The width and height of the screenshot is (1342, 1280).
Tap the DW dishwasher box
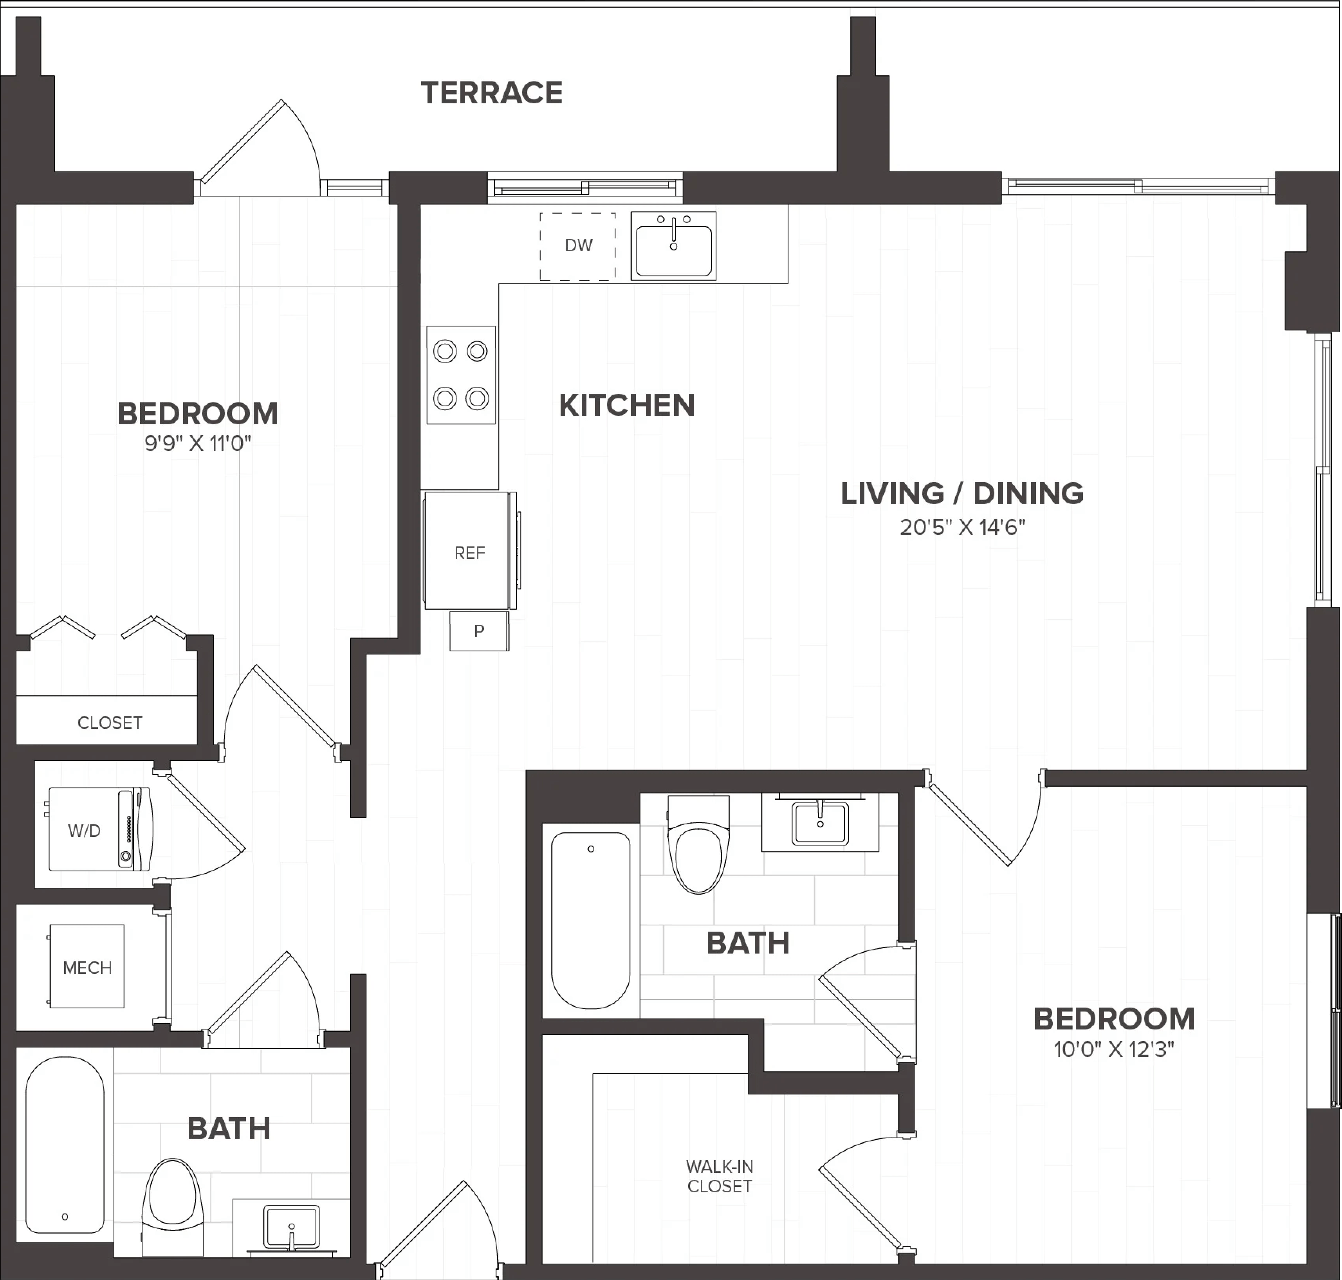578,246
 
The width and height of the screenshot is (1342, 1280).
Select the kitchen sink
673,246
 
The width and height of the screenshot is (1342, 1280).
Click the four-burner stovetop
461,375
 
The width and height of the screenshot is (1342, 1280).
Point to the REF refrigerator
469,551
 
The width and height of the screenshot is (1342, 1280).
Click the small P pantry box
479,631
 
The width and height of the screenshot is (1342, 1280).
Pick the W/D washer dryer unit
99,829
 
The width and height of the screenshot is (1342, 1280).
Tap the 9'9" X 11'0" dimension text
198,444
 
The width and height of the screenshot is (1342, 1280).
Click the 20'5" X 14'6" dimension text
962,527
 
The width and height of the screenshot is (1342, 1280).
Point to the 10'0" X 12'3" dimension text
1113,1049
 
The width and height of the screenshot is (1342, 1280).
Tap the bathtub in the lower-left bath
65,1146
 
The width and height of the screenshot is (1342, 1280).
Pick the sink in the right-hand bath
820,824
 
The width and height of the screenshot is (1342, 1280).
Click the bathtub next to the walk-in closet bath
591,920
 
